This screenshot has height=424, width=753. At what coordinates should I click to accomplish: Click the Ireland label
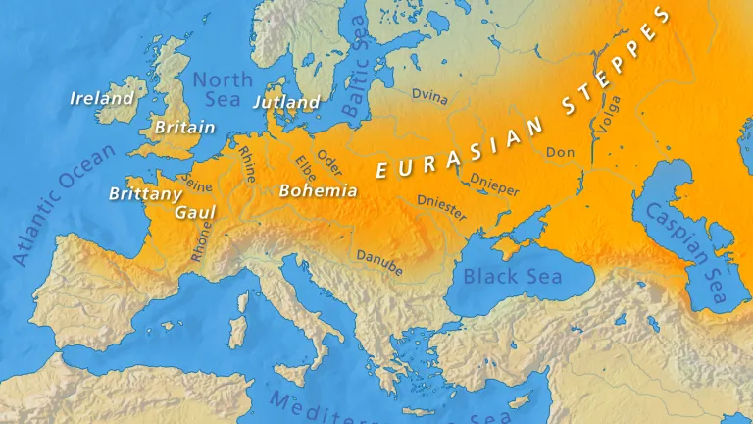click(102, 98)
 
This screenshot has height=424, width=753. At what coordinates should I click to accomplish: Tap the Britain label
click(184, 128)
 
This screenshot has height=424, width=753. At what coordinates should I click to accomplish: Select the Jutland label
click(286, 102)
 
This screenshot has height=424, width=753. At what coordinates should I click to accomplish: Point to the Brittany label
click(145, 193)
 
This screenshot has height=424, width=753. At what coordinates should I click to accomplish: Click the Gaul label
click(194, 212)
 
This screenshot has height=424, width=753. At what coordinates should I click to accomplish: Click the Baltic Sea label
click(357, 69)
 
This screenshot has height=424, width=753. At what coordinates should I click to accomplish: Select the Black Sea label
click(513, 276)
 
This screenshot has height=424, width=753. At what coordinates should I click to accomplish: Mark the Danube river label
click(379, 260)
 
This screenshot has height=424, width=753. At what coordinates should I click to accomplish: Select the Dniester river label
click(442, 209)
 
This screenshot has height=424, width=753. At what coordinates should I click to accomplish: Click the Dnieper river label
click(494, 184)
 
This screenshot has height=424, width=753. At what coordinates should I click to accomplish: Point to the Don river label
click(560, 152)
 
